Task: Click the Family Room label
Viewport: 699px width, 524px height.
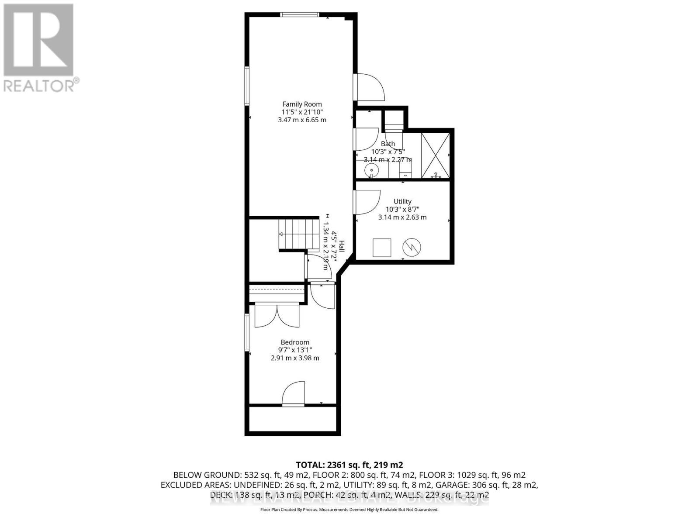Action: (x=302, y=104)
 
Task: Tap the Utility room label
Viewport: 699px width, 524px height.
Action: (x=402, y=201)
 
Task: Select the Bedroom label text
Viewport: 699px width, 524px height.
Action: (x=295, y=342)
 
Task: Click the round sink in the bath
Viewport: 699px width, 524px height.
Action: (x=371, y=169)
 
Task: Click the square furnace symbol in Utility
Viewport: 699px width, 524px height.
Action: (x=381, y=248)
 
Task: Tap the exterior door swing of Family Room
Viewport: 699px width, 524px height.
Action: (x=370, y=87)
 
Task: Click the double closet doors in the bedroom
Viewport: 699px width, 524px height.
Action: (x=277, y=315)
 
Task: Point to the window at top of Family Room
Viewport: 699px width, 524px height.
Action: (x=299, y=15)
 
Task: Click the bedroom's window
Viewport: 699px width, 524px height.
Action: (x=247, y=333)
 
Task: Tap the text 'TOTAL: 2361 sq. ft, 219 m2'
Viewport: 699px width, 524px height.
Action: (x=349, y=465)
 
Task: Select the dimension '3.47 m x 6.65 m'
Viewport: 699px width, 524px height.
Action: (x=302, y=120)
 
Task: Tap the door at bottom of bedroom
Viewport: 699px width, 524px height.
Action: (x=293, y=394)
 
